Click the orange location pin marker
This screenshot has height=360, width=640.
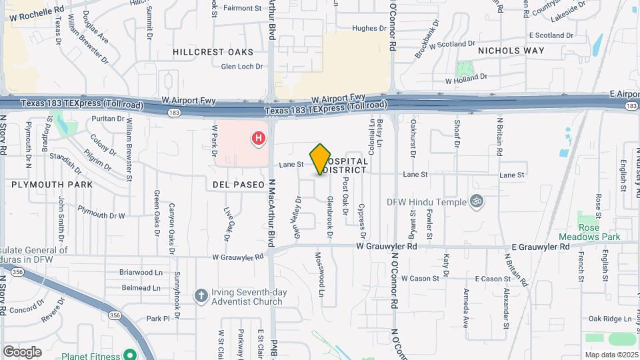[321, 159]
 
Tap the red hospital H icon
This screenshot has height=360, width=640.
[257, 139]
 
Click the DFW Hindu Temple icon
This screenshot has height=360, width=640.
[476, 201]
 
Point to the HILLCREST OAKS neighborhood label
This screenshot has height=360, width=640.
[213, 51]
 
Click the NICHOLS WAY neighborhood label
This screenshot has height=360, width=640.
[511, 50]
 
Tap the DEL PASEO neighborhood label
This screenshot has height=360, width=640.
[234, 184]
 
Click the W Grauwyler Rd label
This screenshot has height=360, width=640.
[239, 257]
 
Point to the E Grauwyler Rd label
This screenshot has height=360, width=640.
[541, 246]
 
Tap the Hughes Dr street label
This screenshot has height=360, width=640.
[365, 28]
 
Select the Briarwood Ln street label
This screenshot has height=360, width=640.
[141, 272]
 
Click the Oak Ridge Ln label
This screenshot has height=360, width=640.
[609, 319]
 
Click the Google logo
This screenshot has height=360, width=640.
[22, 351]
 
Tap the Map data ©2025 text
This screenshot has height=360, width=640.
[611, 355]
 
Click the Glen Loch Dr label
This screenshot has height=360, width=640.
[242, 67]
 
